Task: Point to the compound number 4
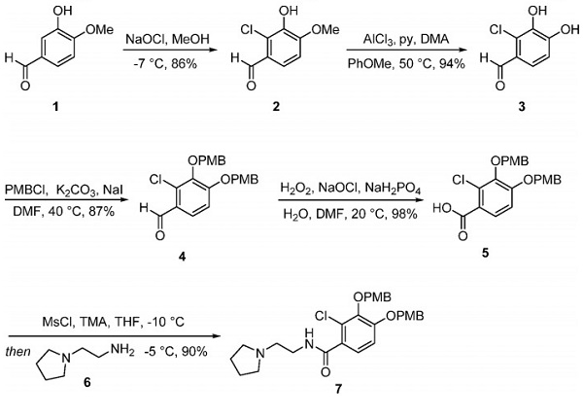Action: click(x=199, y=256)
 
